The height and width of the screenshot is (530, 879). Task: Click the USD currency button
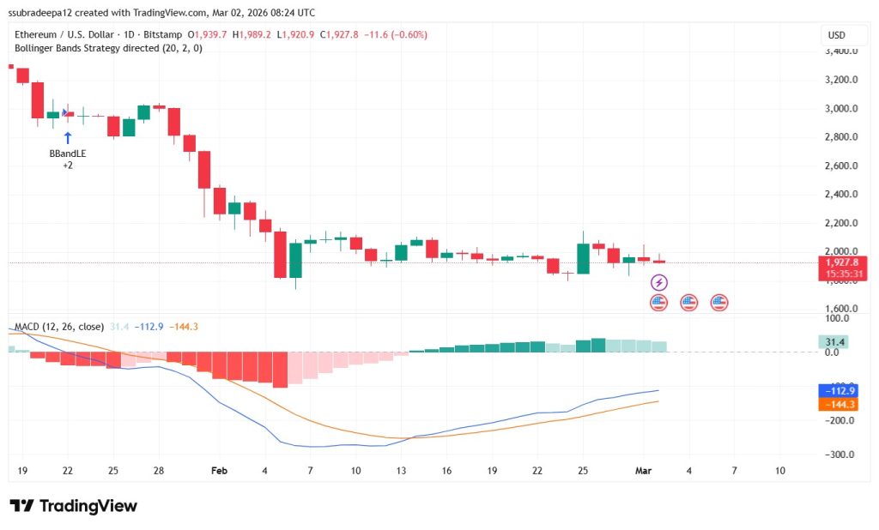[x=835, y=35]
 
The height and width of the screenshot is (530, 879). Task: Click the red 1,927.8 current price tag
[x=842, y=262]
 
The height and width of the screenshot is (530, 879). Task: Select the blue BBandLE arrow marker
[x=68, y=136]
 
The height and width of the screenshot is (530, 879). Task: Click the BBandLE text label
[x=68, y=154]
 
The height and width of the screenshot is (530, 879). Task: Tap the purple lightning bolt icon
[x=658, y=282]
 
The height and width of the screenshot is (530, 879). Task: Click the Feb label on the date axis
[x=219, y=471]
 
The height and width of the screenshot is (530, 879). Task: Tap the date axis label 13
[x=401, y=471]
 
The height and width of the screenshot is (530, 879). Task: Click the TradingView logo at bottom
[x=74, y=506]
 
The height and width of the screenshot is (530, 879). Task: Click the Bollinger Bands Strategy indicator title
[x=102, y=48]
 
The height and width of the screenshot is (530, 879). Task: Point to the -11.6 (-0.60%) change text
[x=395, y=34]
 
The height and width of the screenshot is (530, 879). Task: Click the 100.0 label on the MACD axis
[x=837, y=319]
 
